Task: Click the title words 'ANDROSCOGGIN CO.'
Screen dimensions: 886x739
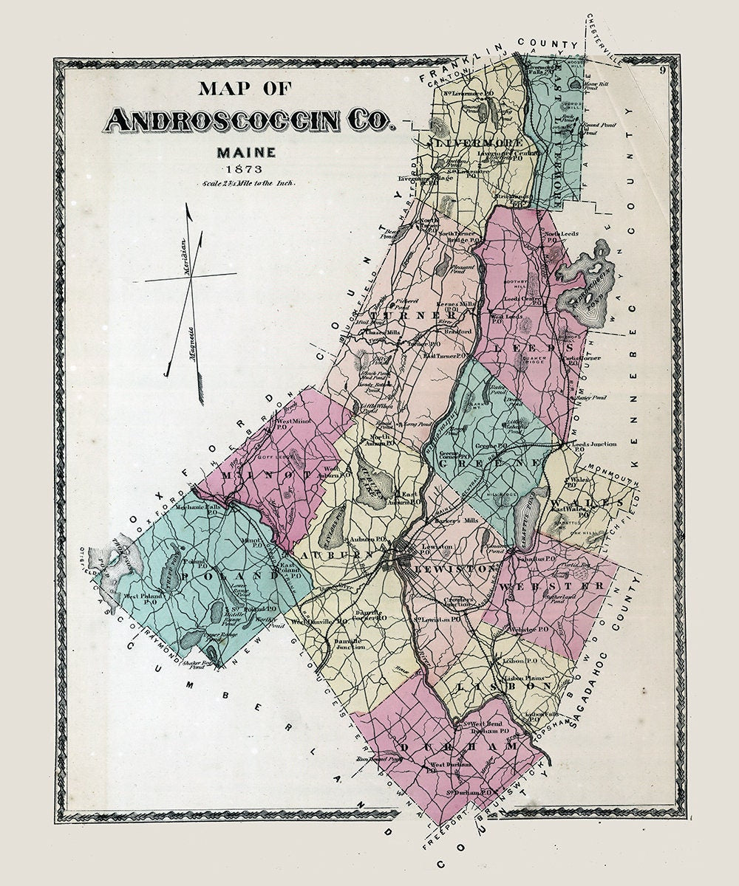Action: click(250, 120)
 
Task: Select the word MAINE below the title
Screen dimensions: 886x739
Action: click(246, 153)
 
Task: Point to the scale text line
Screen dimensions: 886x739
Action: click(246, 183)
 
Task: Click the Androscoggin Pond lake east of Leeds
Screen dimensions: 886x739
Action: click(588, 284)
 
